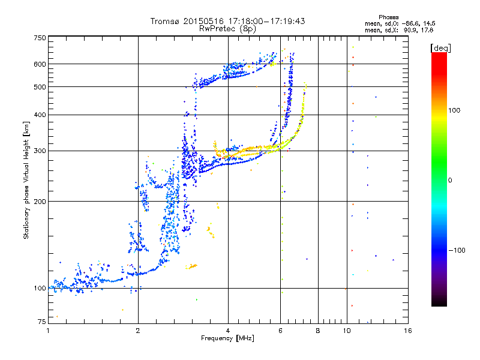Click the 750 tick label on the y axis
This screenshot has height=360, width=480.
point(40,37)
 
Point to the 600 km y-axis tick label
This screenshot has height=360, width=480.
point(40,64)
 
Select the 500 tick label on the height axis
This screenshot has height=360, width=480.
point(40,86)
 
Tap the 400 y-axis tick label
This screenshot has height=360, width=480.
point(40,115)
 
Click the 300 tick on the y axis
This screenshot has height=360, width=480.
point(40,151)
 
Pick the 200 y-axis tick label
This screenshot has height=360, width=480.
point(40,201)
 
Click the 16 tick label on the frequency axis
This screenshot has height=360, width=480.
point(407,331)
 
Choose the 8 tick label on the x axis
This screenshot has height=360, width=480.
point(318,331)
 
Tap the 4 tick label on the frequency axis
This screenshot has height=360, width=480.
point(228,331)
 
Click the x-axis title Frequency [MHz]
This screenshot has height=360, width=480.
point(227,338)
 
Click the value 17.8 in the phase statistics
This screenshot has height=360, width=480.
point(427,29)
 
